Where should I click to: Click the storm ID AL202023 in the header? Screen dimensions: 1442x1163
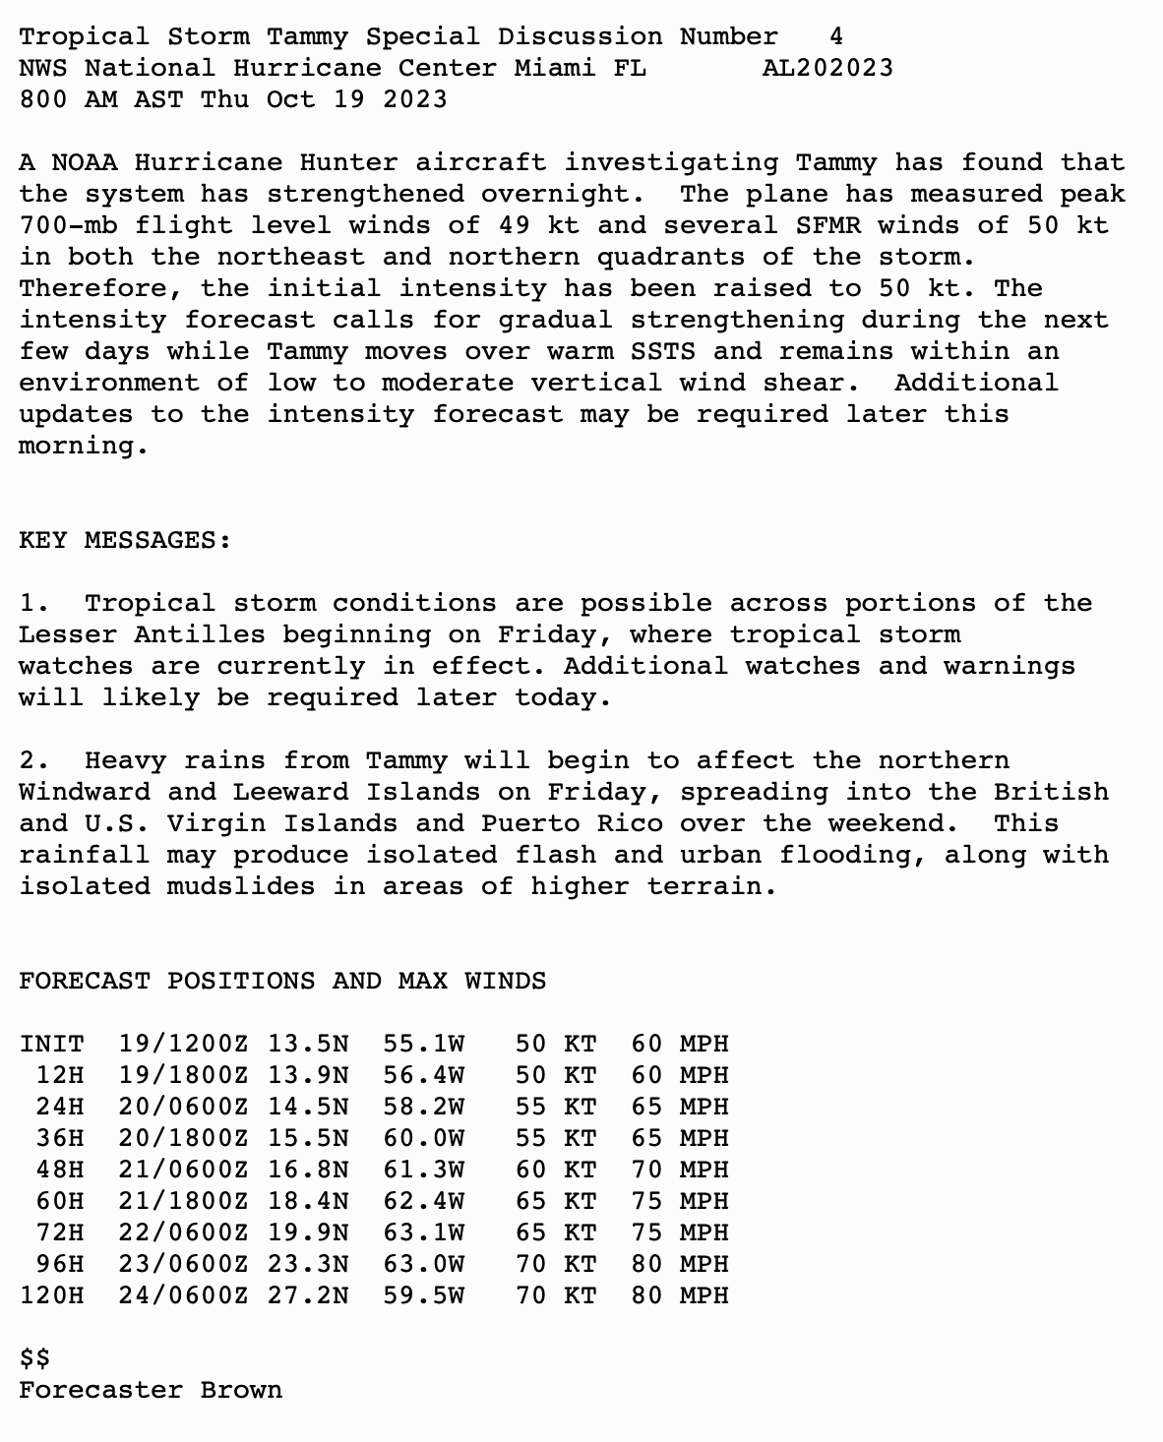(827, 68)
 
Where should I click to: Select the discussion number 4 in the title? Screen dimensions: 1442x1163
(835, 36)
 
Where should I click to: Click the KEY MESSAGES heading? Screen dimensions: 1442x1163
(125, 540)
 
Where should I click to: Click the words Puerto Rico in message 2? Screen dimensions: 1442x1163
(572, 823)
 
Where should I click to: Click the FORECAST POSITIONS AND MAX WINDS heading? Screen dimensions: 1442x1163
(282, 981)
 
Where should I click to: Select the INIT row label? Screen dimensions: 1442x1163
(52, 1044)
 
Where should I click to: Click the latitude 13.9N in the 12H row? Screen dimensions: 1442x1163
(308, 1075)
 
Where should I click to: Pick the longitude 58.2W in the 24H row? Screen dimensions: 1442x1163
(424, 1107)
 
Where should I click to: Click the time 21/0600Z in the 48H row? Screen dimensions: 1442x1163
(184, 1170)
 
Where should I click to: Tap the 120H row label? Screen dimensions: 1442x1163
(52, 1295)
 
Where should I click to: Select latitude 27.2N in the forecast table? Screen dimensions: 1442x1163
(308, 1295)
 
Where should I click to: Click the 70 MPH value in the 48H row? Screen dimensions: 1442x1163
(680, 1170)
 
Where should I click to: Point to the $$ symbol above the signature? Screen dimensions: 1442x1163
(35, 1358)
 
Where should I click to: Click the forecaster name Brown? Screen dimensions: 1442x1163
(241, 1390)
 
